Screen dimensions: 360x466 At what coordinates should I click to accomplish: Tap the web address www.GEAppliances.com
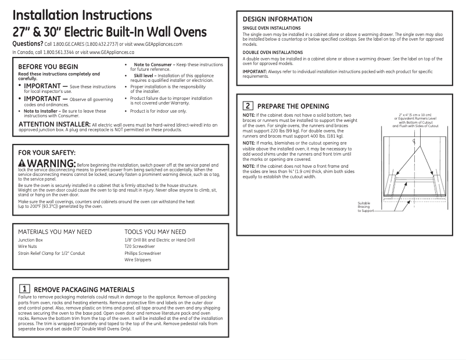click(158, 44)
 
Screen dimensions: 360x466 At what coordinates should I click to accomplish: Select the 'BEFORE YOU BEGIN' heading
click(48, 67)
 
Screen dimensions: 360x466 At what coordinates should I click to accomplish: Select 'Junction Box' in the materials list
click(31, 240)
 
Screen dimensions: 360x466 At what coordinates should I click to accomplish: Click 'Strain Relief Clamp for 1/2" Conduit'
click(52, 254)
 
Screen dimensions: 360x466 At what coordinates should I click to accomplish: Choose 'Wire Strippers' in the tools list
click(138, 261)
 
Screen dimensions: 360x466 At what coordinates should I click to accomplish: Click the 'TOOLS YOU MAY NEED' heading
click(155, 231)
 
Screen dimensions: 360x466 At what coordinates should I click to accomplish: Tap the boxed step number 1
click(25, 289)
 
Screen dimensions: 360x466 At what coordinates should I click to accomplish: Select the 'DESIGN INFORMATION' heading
click(277, 19)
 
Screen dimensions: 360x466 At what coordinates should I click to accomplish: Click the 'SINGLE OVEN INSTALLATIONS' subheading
click(271, 28)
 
